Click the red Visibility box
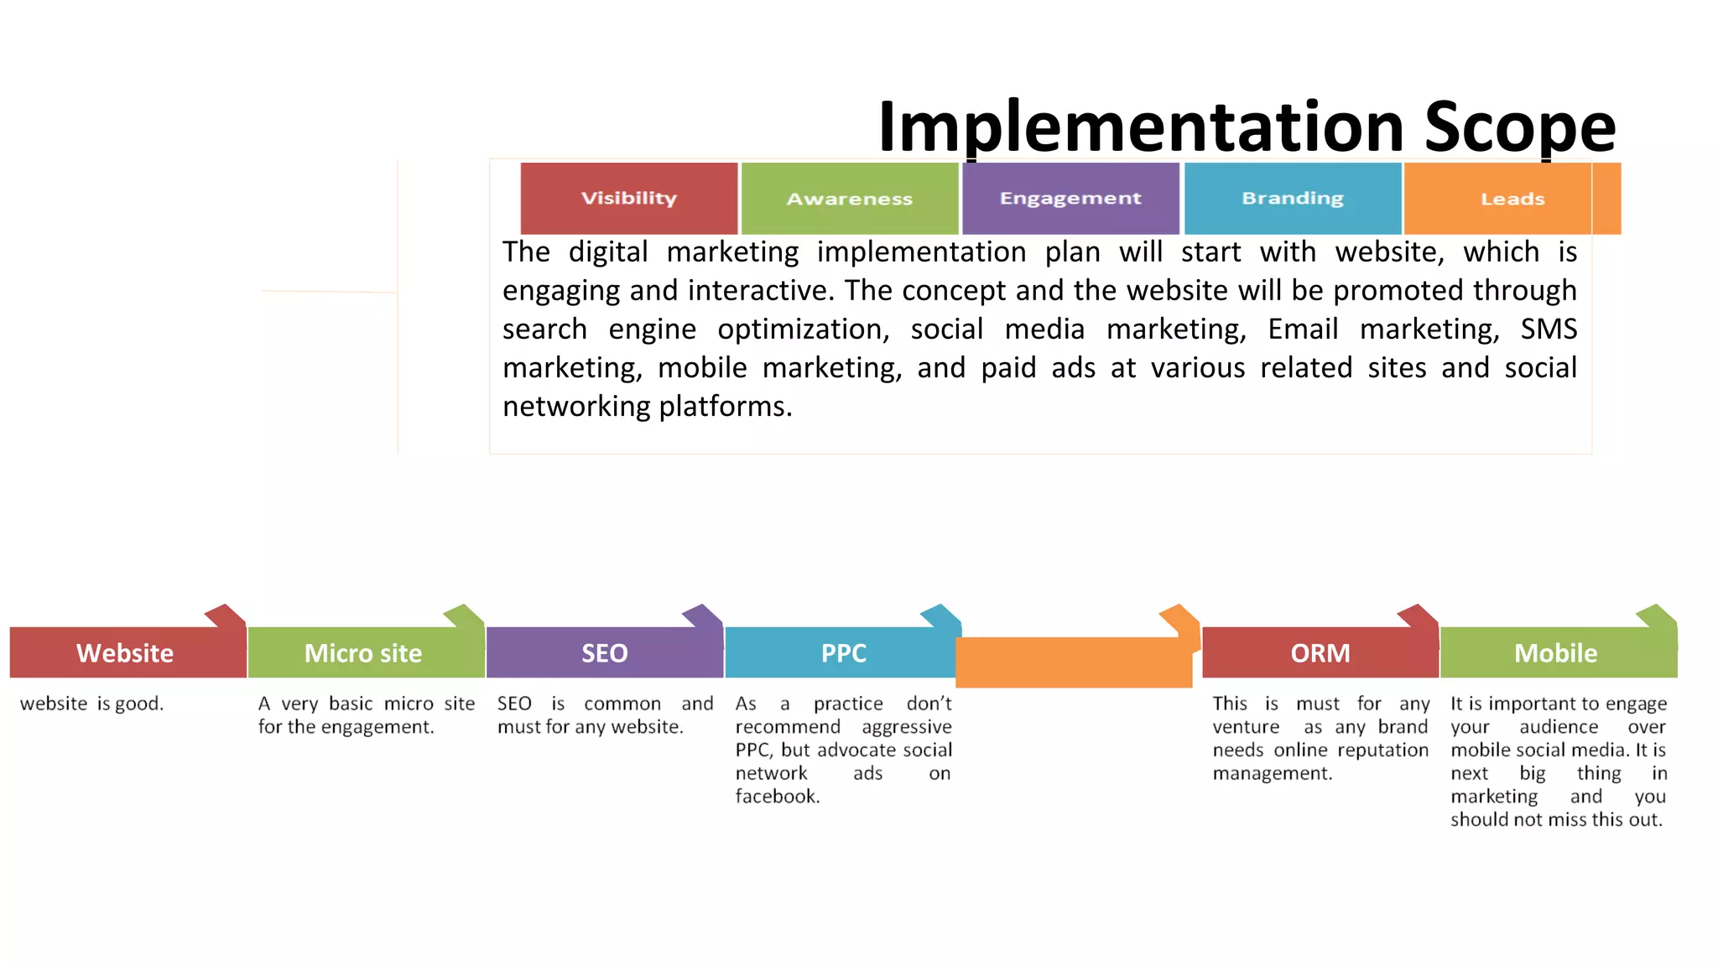pos(629,199)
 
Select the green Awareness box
pos(849,199)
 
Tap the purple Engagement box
pos(1070,199)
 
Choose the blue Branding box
pos(1292,199)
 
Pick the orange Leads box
pos(1512,199)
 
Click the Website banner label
pos(125,653)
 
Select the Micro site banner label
pos(363,653)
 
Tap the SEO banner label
pos(605,653)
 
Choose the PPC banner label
pos(843,653)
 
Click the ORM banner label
pos(1320,653)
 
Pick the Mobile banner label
pos(1556,653)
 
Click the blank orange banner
pos(1074,662)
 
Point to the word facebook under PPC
pos(777,797)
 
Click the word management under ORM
pos(1272,773)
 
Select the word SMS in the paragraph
pos(1549,329)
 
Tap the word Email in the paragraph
pos(1303,329)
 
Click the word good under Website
pos(138,704)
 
